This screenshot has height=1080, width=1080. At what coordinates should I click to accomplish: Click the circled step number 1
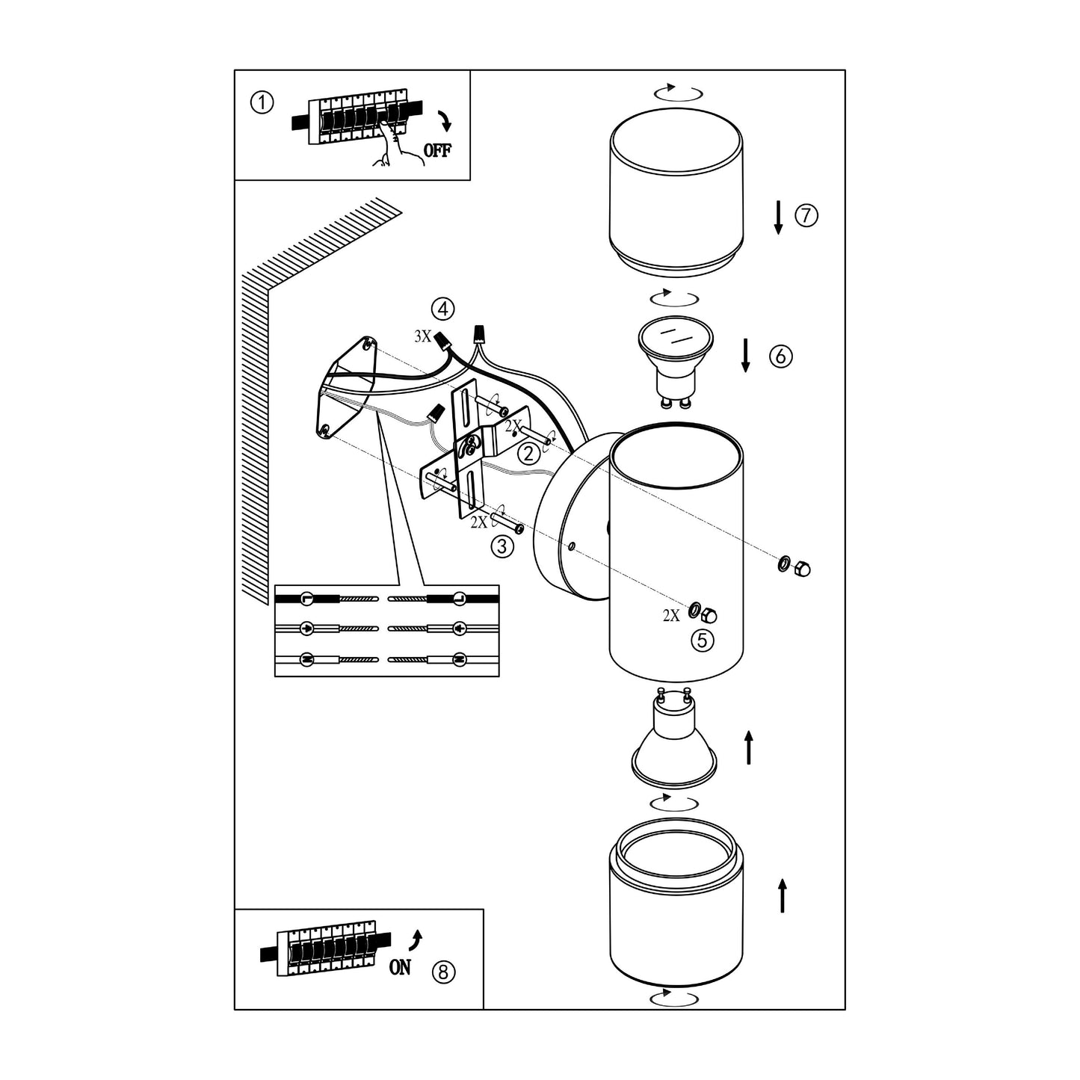pos(262,103)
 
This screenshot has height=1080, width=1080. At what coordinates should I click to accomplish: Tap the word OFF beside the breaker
pos(437,149)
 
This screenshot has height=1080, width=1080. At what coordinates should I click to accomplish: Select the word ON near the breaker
pos(400,967)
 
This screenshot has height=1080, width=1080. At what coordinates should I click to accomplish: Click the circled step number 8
pos(443,972)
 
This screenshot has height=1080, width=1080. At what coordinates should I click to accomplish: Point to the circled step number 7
pos(806,216)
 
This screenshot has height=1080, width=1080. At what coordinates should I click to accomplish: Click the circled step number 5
pos(702,640)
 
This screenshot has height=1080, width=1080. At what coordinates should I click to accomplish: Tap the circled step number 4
pos(443,308)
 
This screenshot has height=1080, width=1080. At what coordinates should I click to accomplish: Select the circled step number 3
pos(502,547)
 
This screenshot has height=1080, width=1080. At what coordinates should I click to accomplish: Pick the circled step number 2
pos(529,453)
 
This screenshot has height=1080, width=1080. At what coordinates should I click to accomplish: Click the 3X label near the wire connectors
pos(423,336)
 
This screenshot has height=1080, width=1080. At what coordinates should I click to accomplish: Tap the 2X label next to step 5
pos(671,615)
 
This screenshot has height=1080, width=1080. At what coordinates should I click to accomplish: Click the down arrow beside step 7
pos(778,217)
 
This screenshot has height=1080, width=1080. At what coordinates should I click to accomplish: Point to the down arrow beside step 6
pos(745,355)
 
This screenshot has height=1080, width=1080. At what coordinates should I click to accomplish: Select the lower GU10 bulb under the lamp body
pos(674,746)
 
